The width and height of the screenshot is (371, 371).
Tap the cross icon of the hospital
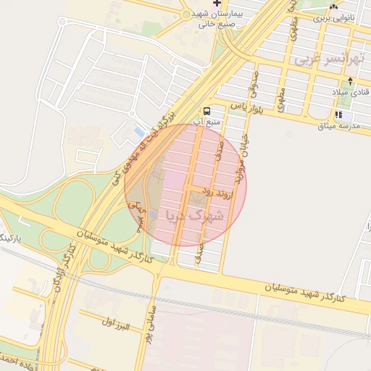click(x=217, y=4)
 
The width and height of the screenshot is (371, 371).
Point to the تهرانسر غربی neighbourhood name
click(x=327, y=59)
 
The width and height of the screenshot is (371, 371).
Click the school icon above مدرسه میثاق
click(x=338, y=114)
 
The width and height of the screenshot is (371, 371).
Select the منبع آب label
click(x=211, y=121)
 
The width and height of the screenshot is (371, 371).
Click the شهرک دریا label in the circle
click(x=195, y=215)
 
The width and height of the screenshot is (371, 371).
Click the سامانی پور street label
click(x=148, y=338)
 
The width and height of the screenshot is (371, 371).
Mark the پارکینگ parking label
click(x=12, y=238)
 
